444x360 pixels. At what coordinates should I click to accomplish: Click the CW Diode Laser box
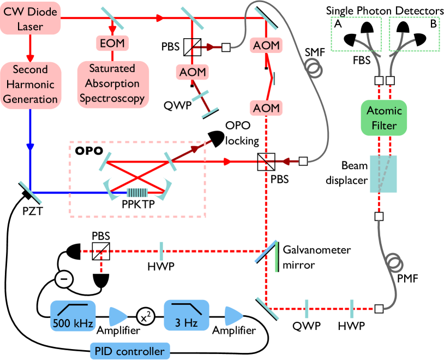31,19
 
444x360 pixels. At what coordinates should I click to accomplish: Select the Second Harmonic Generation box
31,85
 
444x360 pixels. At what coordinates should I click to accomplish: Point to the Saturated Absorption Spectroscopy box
112,84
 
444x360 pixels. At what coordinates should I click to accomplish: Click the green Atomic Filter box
383,118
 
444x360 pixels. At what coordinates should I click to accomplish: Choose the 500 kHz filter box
73,316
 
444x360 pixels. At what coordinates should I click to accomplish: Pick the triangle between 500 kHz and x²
117,316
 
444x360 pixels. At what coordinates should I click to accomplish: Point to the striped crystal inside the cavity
137,193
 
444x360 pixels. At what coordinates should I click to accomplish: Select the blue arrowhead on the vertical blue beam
31,148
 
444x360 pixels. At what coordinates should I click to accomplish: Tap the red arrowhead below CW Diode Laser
31,57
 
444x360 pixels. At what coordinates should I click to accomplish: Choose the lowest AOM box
266,108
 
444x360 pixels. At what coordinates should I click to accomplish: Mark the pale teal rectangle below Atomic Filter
383,174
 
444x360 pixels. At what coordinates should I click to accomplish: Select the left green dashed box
356,34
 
